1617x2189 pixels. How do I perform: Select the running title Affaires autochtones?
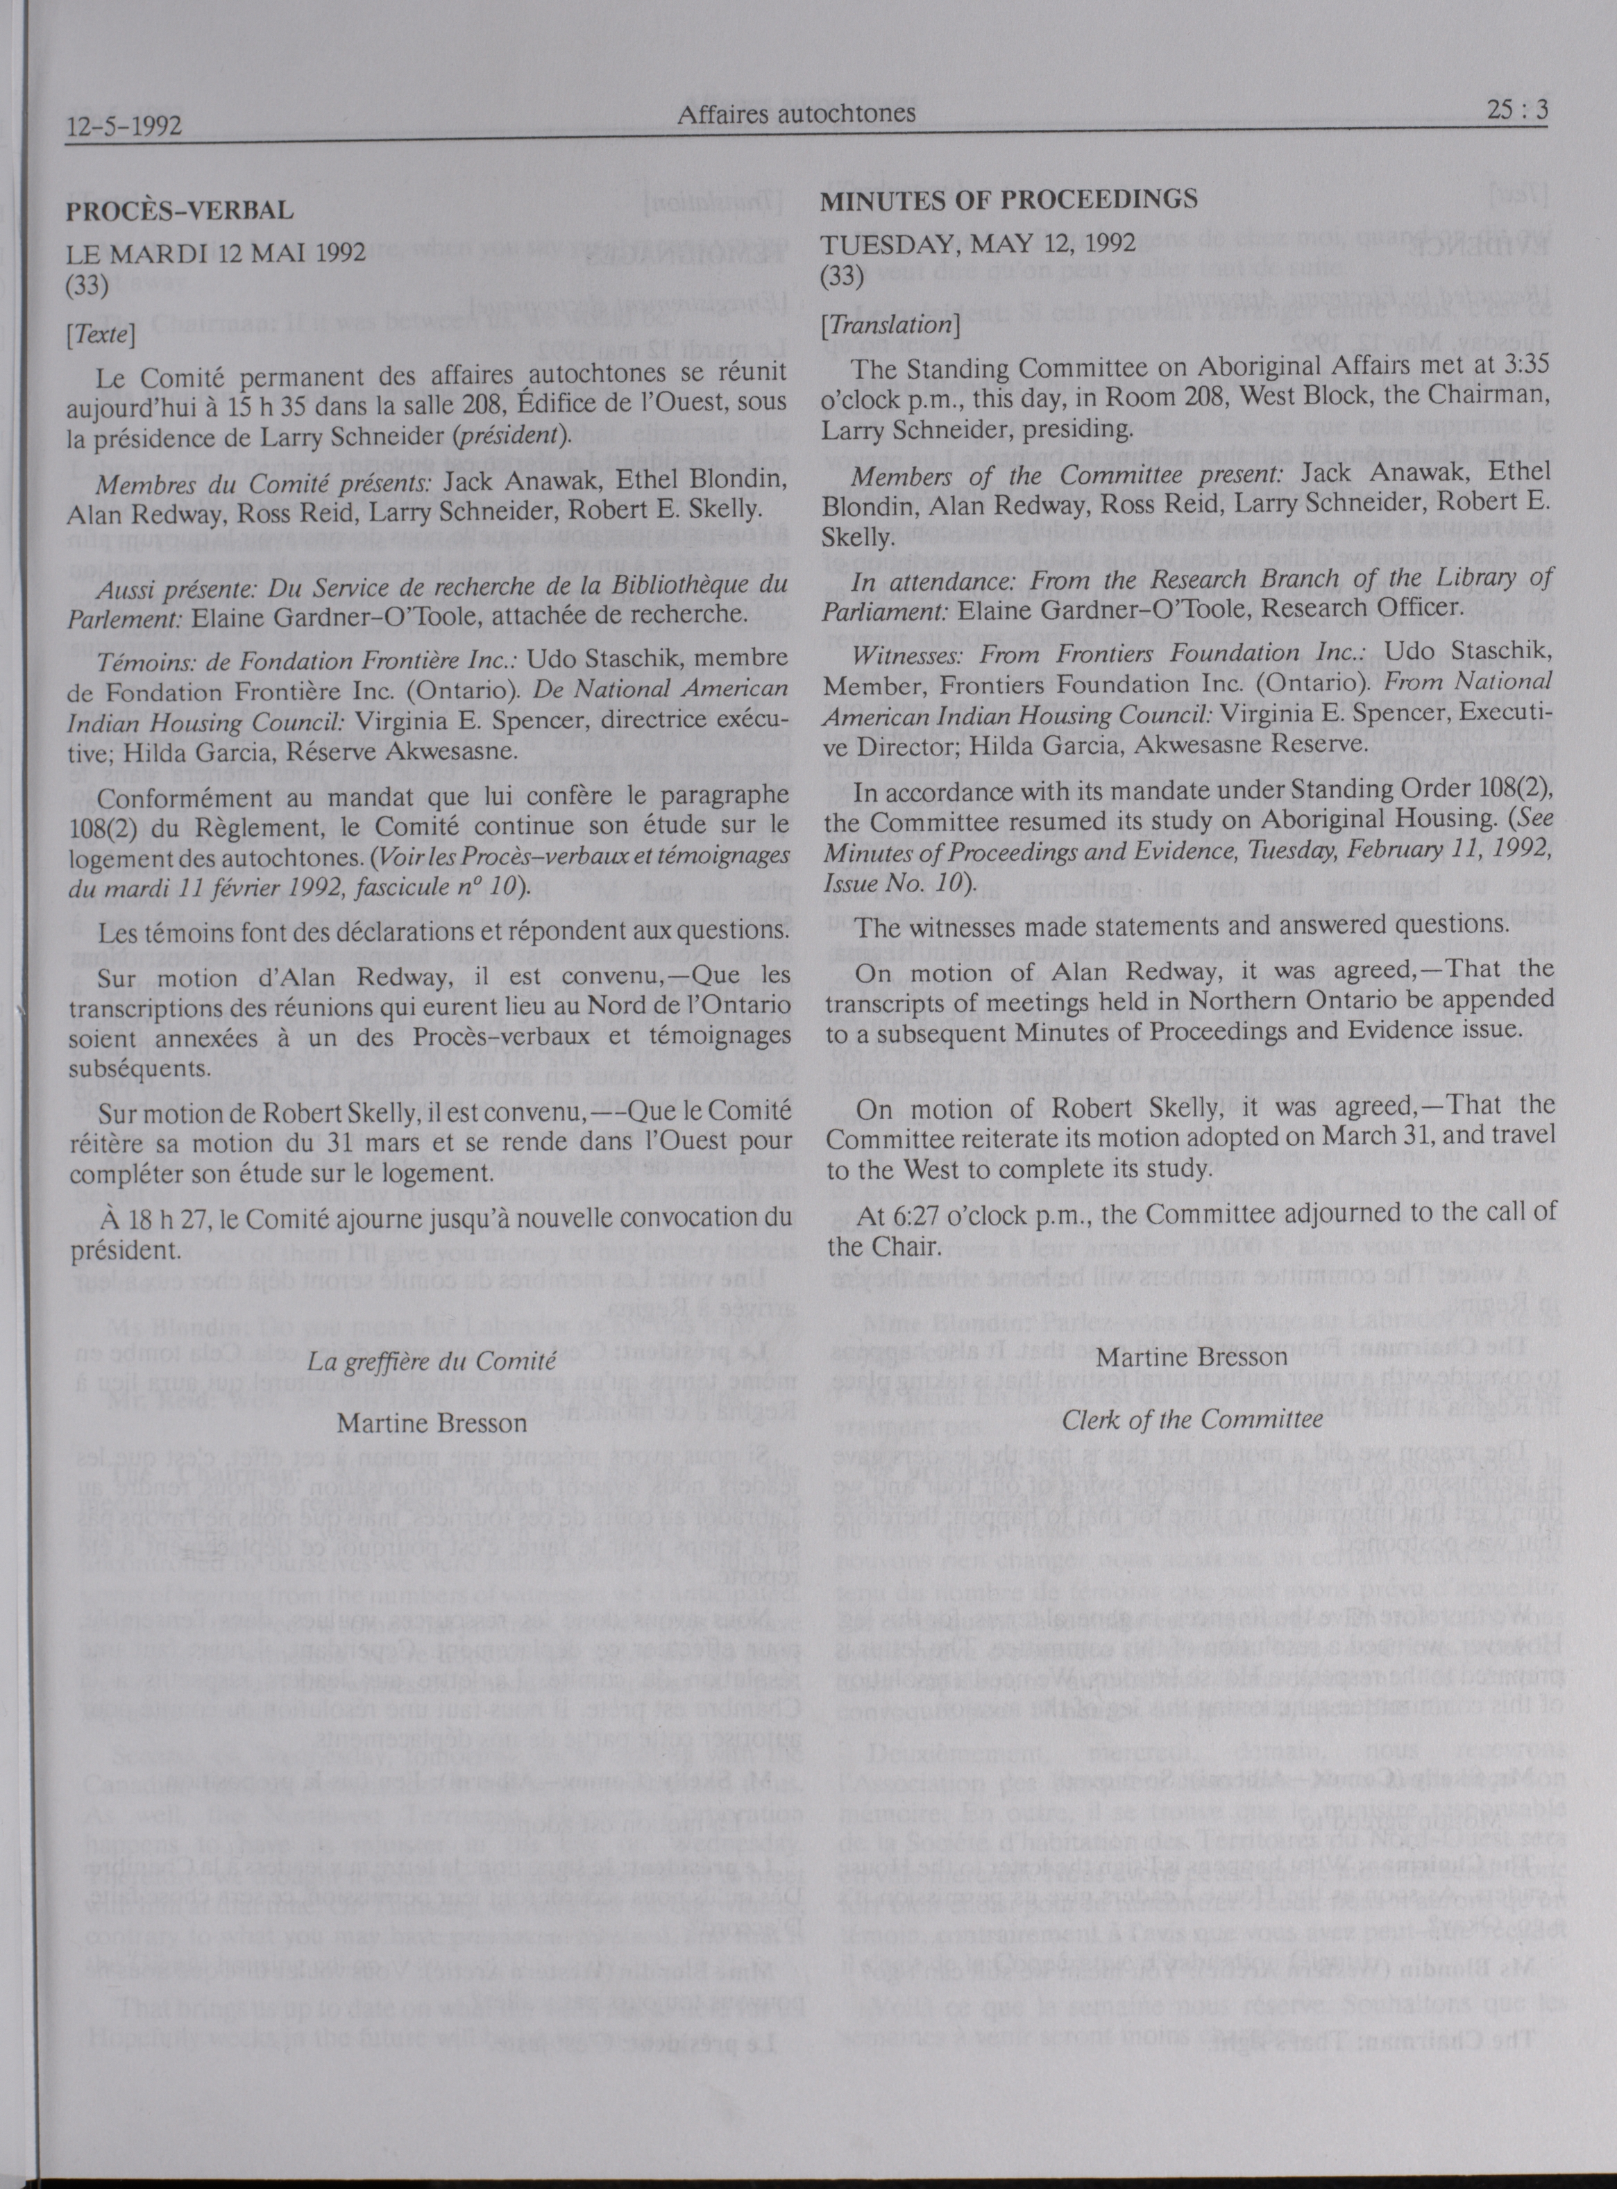coord(796,114)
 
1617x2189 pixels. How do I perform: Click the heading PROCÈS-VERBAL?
coord(179,210)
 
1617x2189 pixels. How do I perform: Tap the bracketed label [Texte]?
coord(101,335)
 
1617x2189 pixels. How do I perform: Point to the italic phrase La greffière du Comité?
coord(432,1361)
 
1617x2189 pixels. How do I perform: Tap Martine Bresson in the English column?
coord(1192,1357)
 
